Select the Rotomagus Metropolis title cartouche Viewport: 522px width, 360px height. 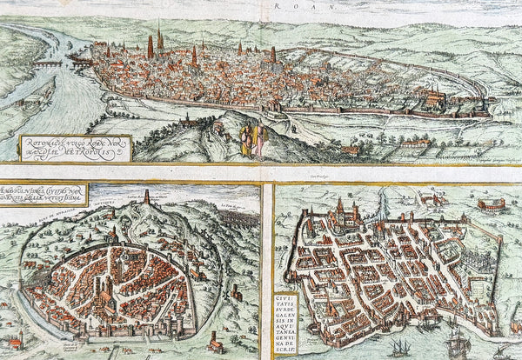[75, 149]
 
